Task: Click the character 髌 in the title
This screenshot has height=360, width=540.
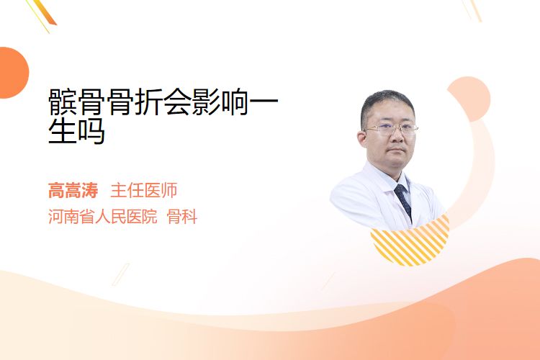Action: (x=62, y=102)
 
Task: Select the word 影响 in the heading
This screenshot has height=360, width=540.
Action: (x=220, y=102)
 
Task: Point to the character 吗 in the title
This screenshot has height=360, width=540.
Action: (x=91, y=131)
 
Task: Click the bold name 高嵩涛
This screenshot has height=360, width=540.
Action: (x=73, y=190)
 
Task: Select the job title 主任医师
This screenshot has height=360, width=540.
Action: (x=143, y=190)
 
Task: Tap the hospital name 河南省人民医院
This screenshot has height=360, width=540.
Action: (x=102, y=216)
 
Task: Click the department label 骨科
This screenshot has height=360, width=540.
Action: (x=182, y=216)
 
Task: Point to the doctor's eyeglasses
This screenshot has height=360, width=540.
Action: (x=390, y=130)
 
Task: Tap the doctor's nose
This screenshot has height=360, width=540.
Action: (x=396, y=136)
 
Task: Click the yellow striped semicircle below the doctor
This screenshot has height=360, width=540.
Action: (x=410, y=245)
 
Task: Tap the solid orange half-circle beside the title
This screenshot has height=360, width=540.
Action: (x=13, y=73)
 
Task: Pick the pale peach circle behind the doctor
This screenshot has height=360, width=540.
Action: (x=469, y=99)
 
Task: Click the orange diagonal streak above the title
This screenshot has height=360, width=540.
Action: (x=46, y=12)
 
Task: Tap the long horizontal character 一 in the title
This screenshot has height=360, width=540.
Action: (x=264, y=102)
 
